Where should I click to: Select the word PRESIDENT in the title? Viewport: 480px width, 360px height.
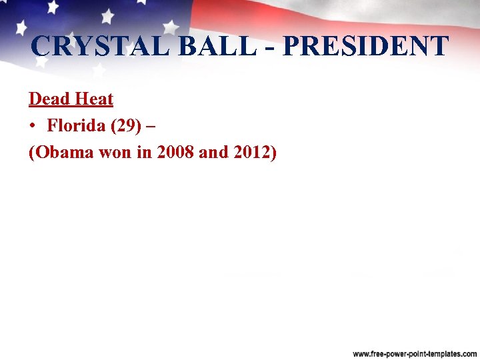pos(365,46)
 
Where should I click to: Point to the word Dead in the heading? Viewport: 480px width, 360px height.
pos(49,99)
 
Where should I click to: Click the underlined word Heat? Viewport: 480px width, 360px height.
pos(93,99)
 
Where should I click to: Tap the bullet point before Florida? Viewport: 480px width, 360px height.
pos(33,126)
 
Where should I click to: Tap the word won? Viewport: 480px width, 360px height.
pos(116,153)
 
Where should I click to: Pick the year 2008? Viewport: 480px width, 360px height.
pos(175,153)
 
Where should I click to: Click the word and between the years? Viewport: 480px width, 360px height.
pos(213,153)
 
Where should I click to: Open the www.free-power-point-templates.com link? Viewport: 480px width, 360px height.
pos(415,353)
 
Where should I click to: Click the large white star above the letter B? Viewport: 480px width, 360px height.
pos(171,27)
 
